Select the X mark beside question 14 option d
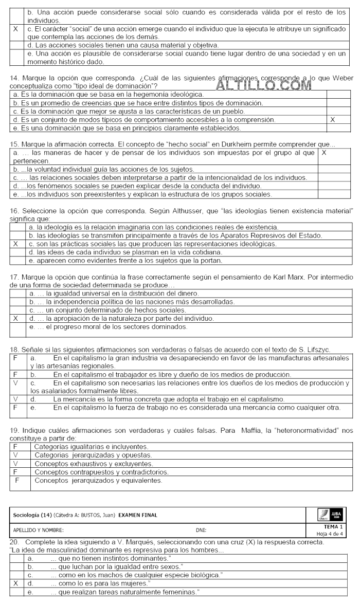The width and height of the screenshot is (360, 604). (333, 119)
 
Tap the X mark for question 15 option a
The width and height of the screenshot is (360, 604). (324, 153)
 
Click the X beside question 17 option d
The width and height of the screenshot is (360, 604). (19, 319)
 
